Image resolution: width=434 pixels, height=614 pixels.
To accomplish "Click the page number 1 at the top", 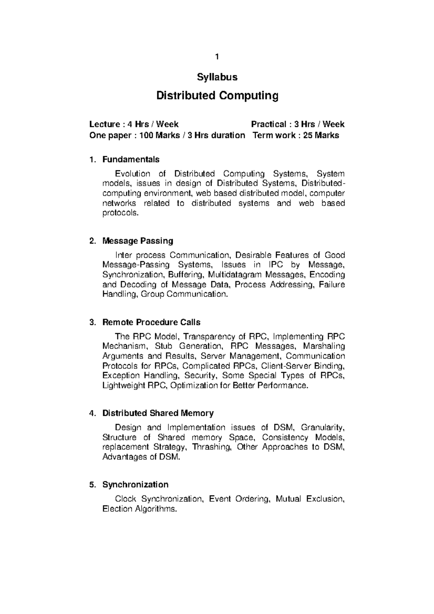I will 217,57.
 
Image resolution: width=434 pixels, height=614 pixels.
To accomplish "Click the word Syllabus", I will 217,77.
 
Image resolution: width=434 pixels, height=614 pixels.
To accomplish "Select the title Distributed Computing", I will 217,96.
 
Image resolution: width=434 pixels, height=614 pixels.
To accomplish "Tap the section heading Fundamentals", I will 131,159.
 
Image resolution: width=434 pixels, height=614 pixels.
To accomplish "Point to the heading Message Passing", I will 138,241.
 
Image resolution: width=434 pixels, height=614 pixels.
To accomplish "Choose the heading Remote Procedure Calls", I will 151,322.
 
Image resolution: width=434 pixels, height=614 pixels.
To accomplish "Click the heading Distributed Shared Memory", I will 158,413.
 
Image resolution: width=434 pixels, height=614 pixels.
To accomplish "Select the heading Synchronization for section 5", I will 135,485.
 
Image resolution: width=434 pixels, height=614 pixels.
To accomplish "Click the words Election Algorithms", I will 140,509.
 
